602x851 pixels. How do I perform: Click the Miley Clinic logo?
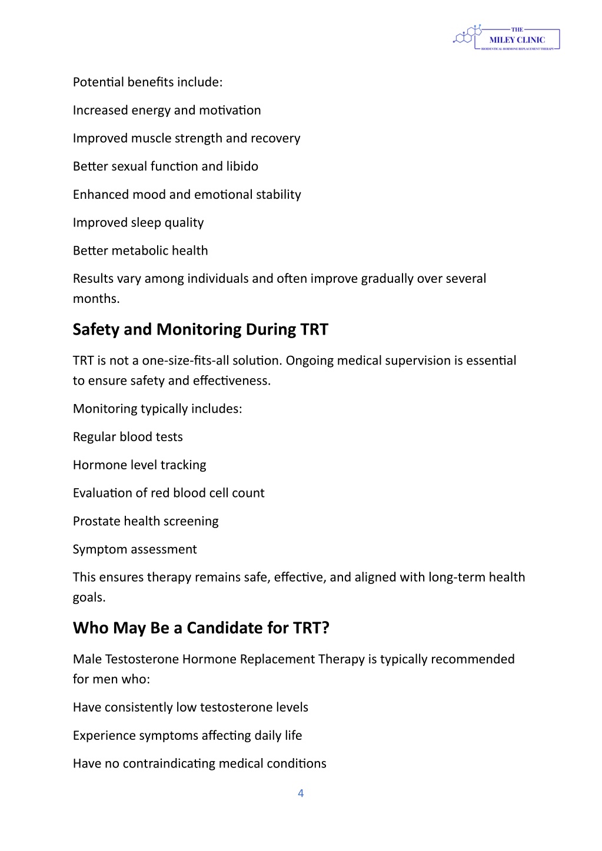coord(507,38)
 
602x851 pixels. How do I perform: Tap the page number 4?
coord(301,793)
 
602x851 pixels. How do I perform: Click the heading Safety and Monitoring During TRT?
coord(200,329)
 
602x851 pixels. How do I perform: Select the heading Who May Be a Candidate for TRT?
coord(201,628)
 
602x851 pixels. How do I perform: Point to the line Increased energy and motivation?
coord(167,111)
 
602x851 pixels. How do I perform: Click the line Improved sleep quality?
coord(138,223)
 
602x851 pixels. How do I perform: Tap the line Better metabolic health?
coord(140,251)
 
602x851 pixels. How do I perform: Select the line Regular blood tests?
coord(128,437)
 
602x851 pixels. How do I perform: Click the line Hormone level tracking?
coord(139,465)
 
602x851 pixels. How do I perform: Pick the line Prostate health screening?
coord(145,522)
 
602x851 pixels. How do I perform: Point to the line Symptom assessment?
coord(135,549)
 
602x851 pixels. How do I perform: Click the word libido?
coord(242,166)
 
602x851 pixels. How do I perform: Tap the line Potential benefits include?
coord(148,82)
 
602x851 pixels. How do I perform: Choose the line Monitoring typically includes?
coord(157,409)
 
